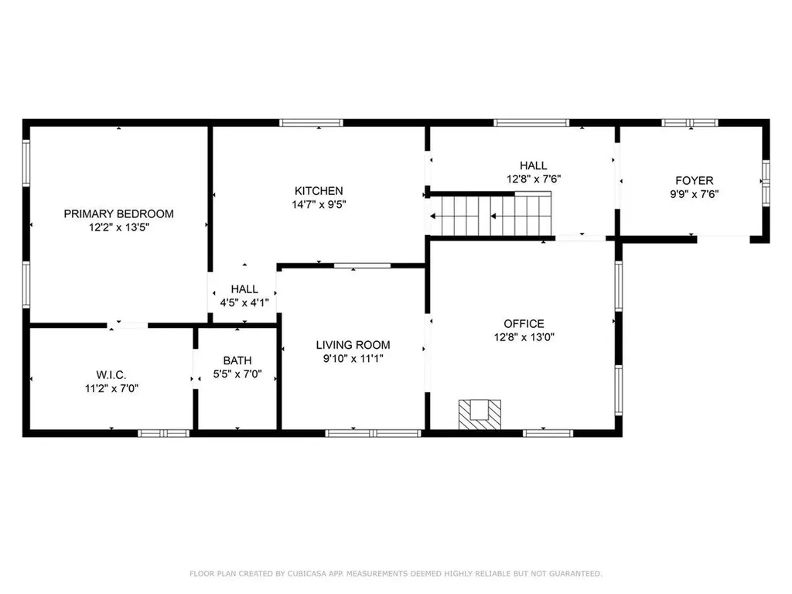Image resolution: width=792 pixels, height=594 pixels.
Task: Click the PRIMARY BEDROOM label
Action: click(118, 213)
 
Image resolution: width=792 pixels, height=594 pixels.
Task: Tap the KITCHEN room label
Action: click(319, 191)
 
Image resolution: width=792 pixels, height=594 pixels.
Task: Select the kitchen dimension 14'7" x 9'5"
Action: click(319, 204)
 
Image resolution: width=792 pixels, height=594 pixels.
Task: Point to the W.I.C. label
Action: click(111, 375)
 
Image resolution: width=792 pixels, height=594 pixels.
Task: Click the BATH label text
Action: click(237, 360)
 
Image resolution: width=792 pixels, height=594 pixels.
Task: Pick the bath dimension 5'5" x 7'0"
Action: click(237, 374)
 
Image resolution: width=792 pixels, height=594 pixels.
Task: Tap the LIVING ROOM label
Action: click(353, 345)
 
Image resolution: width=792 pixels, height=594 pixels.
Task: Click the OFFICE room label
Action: click(524, 324)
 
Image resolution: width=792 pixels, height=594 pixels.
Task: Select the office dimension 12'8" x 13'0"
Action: click(524, 337)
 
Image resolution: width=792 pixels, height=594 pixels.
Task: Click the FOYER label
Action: click(695, 180)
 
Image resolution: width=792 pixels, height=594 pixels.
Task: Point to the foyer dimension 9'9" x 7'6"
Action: click(695, 194)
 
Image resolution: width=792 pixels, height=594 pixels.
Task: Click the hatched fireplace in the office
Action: click(480, 415)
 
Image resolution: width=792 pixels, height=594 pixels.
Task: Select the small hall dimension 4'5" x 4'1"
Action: click(244, 303)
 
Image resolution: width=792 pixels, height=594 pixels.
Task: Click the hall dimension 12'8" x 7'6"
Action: click(534, 179)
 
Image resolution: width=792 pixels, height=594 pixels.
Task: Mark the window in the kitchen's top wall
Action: click(311, 123)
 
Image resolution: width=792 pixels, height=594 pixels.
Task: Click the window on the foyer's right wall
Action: click(766, 183)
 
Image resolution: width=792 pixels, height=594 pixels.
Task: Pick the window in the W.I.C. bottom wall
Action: click(164, 433)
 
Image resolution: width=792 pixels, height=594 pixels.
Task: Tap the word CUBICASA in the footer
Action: click(308, 574)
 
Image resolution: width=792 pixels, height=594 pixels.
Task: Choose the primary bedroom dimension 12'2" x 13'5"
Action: click(119, 227)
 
